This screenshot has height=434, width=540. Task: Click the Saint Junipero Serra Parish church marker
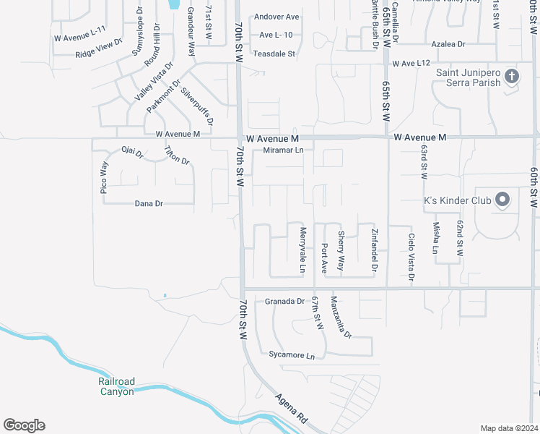coord(511,76)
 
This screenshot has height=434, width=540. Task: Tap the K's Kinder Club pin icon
coord(503,200)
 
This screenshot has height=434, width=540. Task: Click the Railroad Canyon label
coord(117,386)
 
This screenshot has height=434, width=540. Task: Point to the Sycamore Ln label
coord(292,356)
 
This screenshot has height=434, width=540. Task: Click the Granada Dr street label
coord(284,301)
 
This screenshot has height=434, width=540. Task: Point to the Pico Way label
coord(104,177)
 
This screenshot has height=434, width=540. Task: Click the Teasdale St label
coord(274,54)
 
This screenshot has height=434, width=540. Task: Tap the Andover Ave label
coord(276,17)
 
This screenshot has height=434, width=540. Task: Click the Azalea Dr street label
coord(448,44)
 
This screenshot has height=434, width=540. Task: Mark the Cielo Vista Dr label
coord(411,258)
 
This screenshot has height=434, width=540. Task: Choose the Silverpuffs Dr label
coord(196,107)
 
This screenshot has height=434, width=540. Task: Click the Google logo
coord(24,425)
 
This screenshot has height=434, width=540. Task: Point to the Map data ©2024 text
coord(508,428)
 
